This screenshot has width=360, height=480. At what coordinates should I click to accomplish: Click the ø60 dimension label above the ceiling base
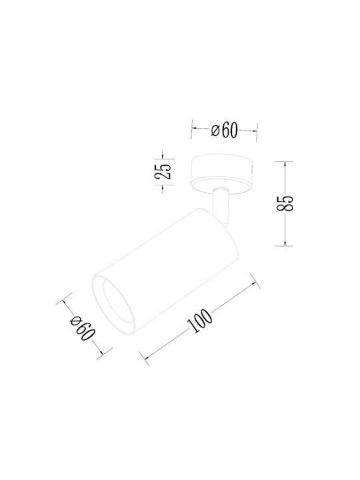225,131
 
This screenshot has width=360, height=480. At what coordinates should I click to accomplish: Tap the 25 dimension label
163,171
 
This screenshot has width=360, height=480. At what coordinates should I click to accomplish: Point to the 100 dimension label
199,321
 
